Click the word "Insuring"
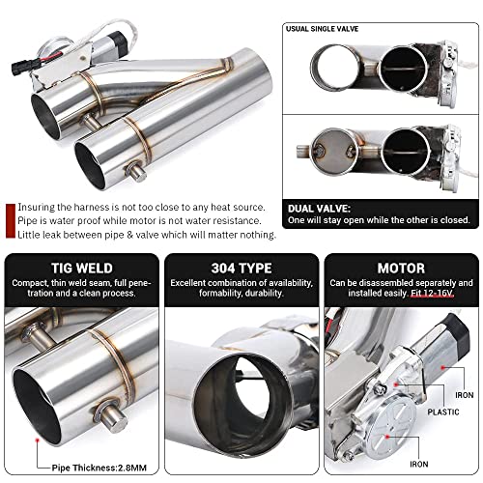tap(36, 207)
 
